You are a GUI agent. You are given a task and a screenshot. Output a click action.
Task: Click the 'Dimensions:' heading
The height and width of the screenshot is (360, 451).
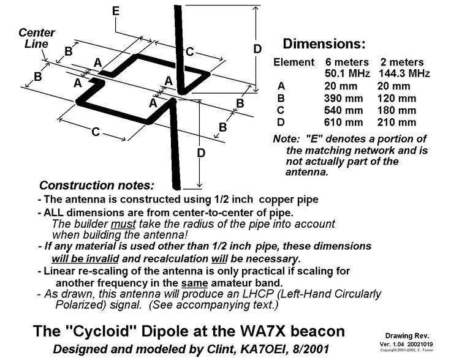click(324, 44)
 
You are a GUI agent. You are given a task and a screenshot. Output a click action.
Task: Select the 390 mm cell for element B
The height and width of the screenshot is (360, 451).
click(343, 99)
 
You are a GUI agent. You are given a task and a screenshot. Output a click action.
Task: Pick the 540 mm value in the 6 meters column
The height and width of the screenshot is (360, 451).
click(343, 110)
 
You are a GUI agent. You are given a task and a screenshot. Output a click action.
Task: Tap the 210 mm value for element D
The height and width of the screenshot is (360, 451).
click(396, 122)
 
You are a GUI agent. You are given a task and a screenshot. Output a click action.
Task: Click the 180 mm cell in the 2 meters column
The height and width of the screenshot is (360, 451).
click(396, 110)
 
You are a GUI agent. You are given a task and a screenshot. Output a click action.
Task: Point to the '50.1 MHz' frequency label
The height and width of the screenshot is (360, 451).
click(347, 73)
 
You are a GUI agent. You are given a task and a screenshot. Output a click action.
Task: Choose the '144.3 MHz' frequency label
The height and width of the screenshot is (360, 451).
click(404, 73)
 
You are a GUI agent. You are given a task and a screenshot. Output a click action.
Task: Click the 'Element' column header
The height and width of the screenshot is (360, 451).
click(294, 62)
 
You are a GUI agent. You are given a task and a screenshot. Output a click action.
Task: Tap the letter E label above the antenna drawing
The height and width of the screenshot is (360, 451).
click(116, 11)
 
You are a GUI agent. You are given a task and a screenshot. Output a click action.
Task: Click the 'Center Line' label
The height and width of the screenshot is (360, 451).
click(37, 38)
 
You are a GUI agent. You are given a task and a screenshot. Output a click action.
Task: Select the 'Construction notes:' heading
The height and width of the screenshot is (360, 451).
click(97, 186)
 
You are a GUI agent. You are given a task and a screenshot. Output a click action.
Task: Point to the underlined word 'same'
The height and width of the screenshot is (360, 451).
click(194, 283)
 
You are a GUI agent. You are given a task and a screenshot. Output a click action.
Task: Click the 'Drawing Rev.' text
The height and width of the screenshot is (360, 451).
click(407, 336)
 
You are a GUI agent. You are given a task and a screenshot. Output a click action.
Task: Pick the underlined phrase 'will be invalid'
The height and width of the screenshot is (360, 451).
click(85, 259)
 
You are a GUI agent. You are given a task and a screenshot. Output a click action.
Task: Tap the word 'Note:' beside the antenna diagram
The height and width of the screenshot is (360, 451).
click(287, 139)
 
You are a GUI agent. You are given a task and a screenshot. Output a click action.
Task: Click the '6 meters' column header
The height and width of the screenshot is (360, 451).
click(347, 62)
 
